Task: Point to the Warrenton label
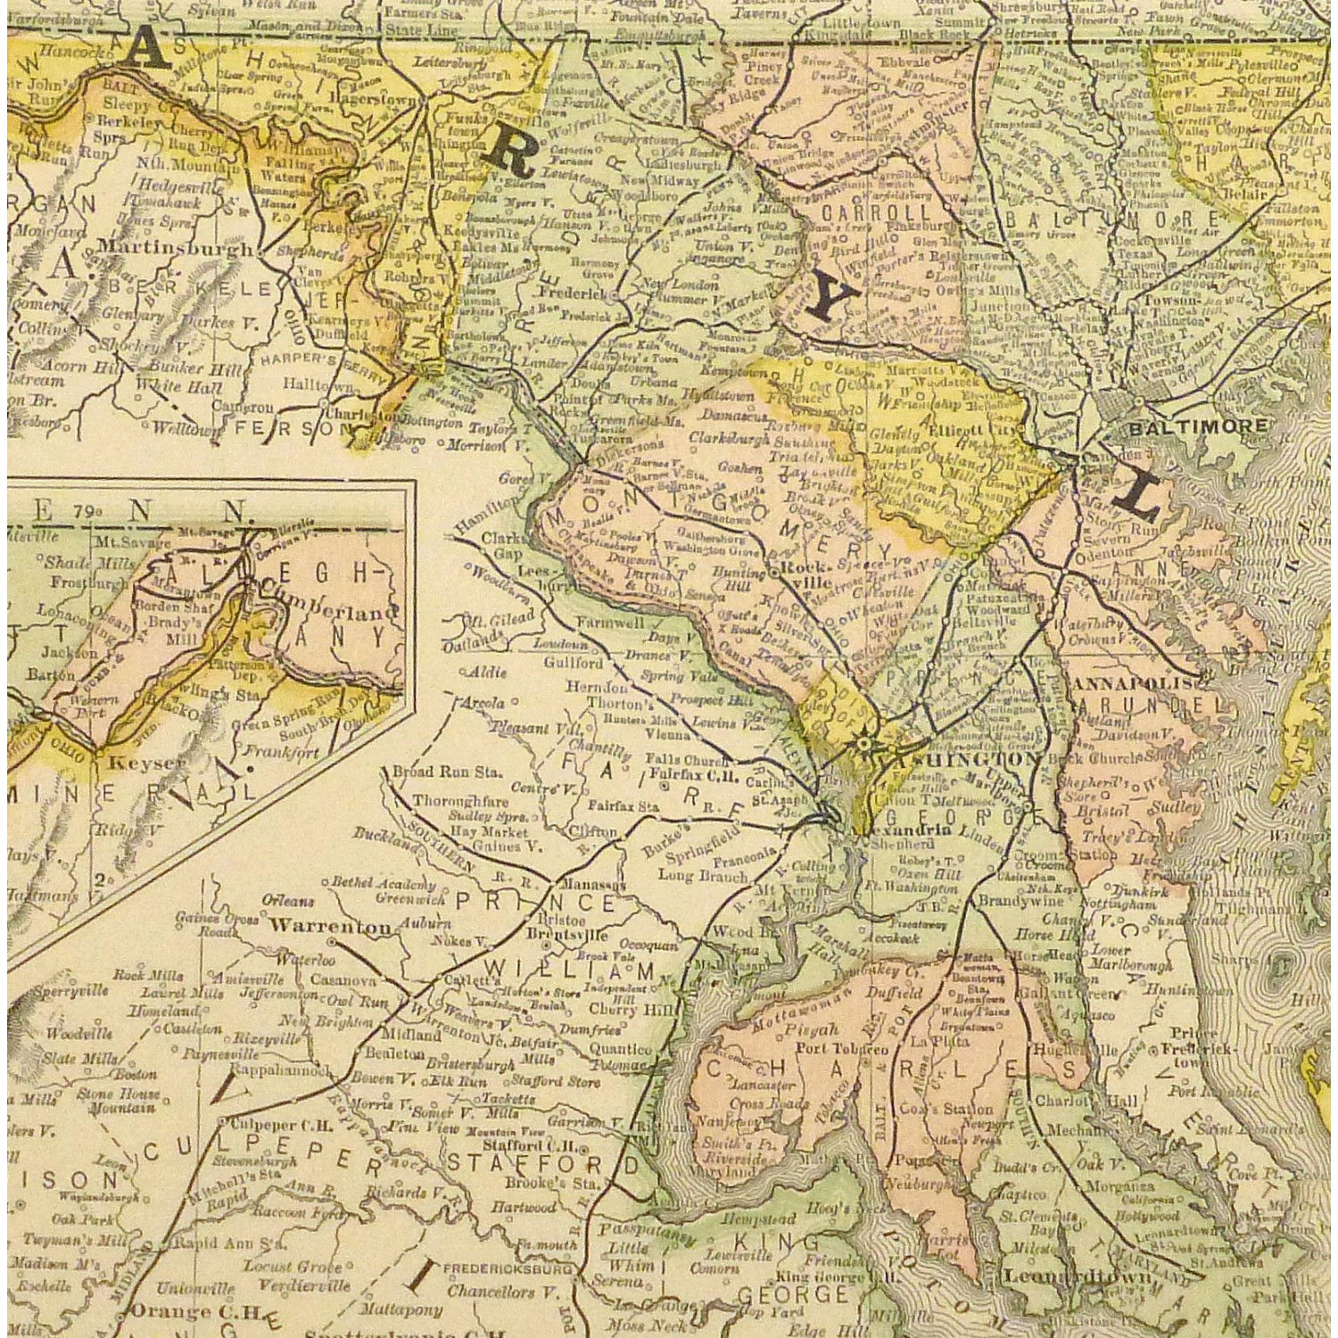pos(330,926)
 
